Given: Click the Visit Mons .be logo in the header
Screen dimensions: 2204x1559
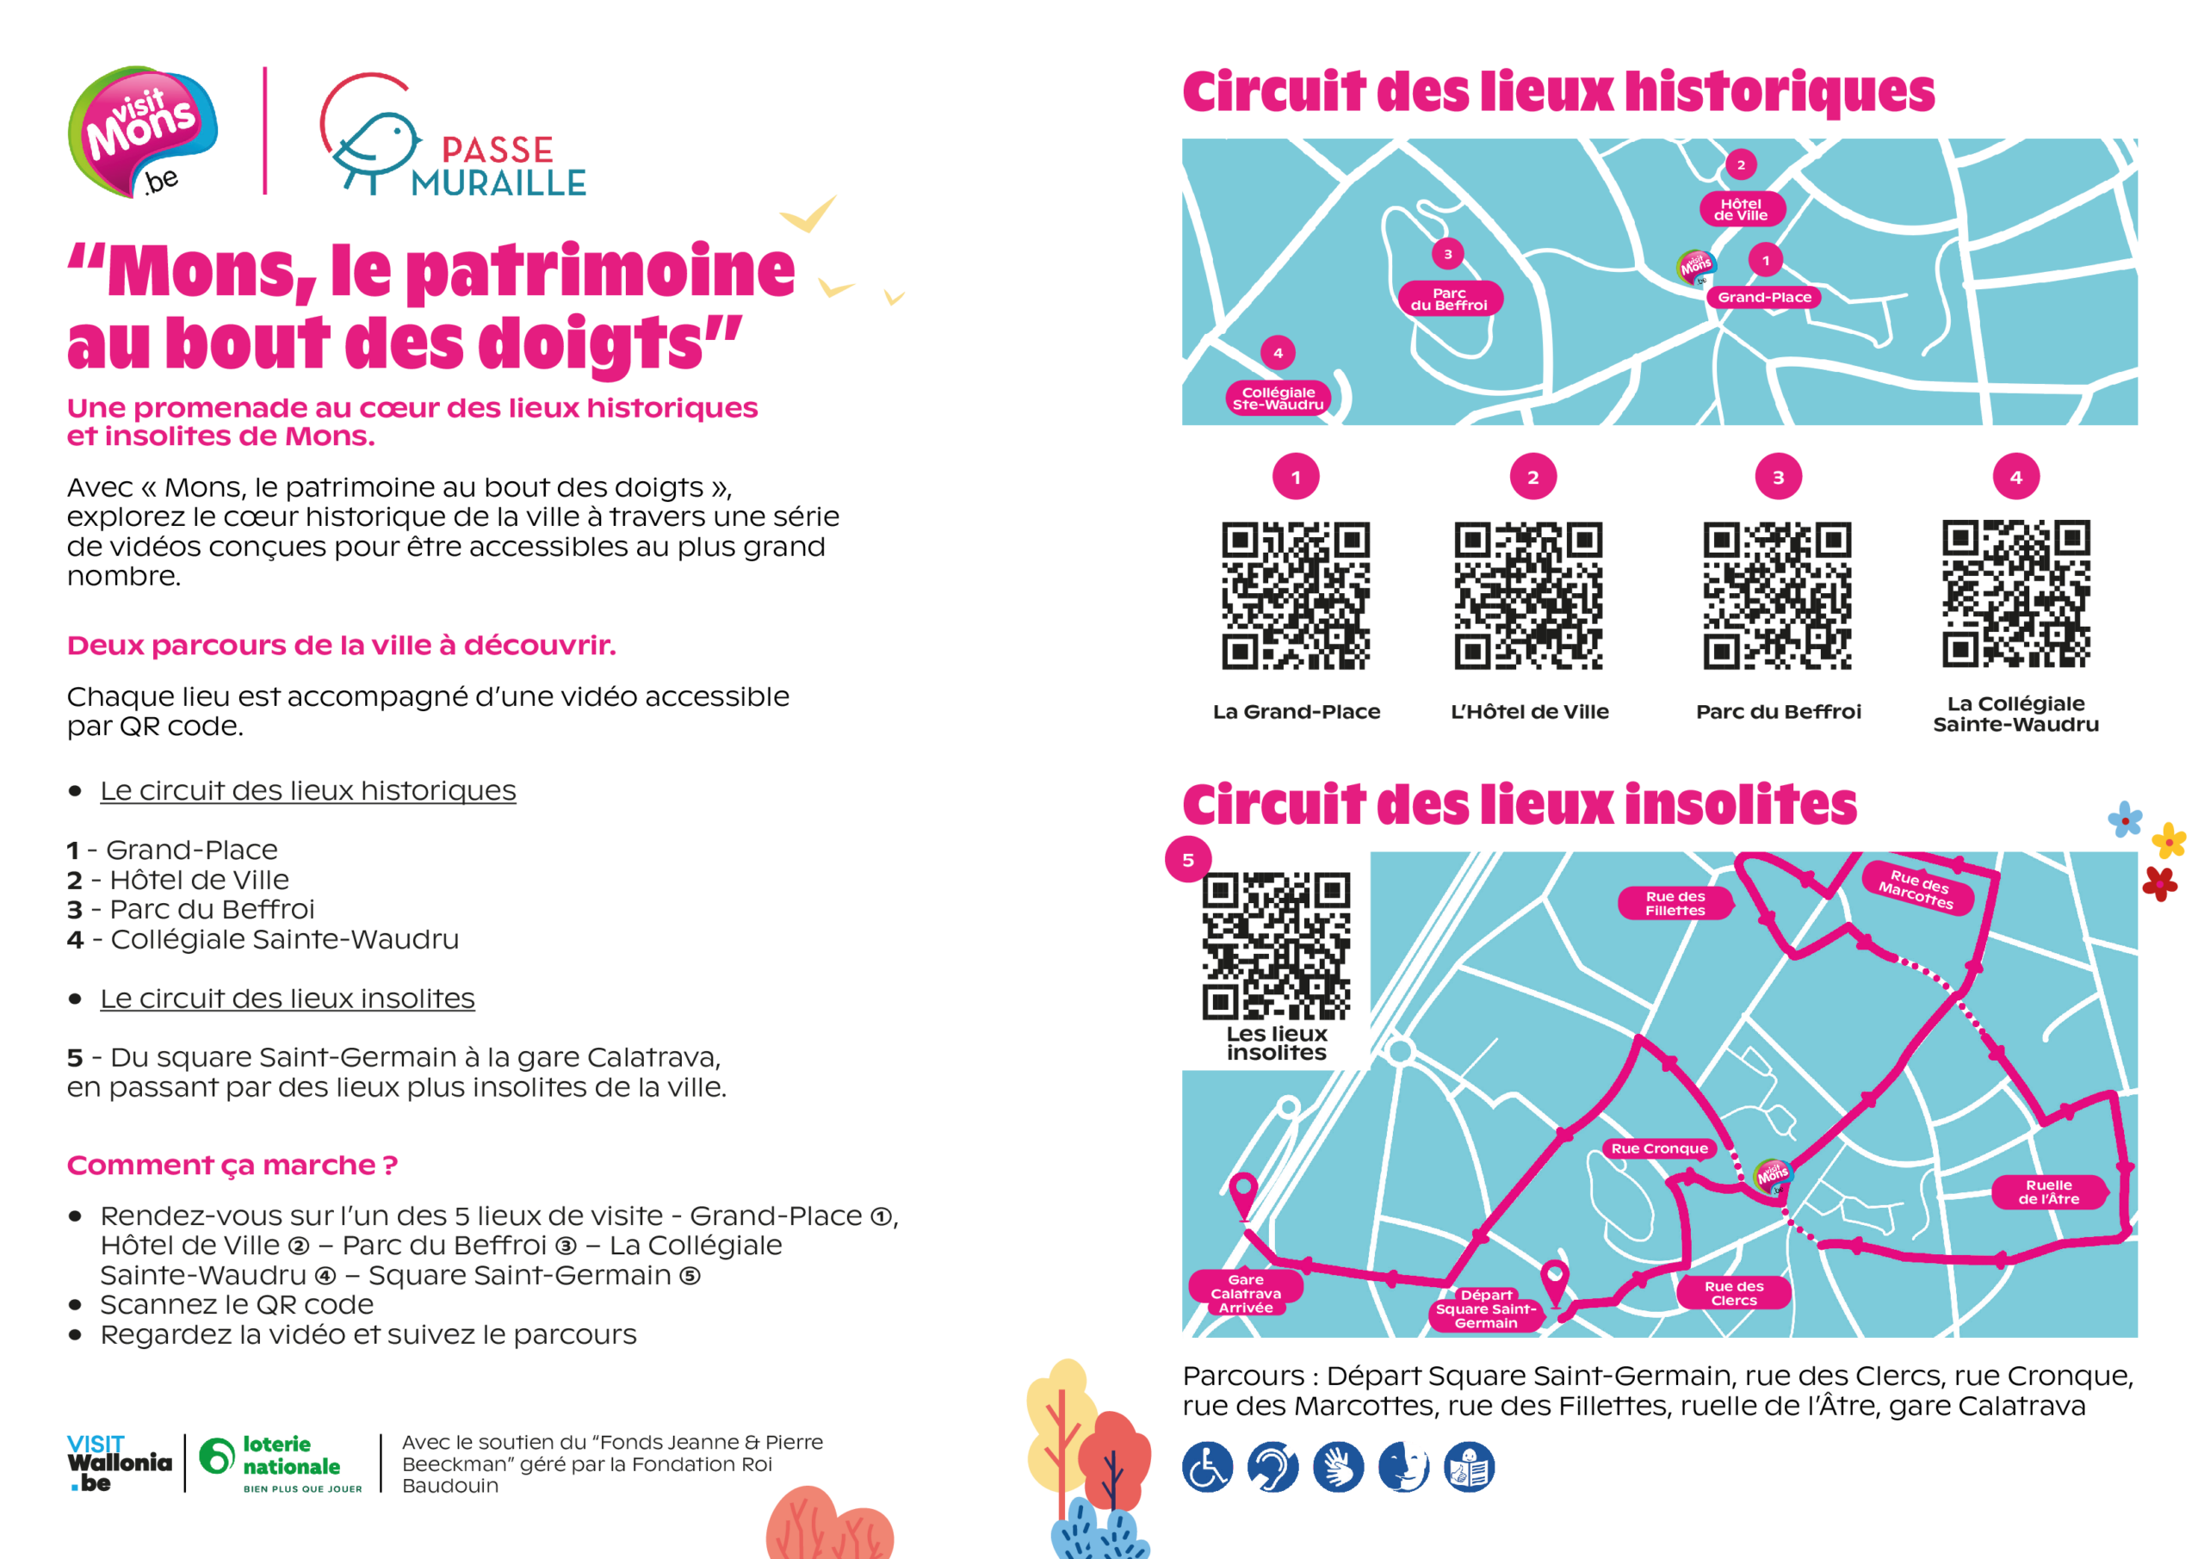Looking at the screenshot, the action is [x=142, y=133].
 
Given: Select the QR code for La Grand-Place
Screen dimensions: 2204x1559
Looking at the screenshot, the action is [x=1296, y=595].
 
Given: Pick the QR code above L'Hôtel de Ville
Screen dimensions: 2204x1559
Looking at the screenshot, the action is [x=1528, y=595].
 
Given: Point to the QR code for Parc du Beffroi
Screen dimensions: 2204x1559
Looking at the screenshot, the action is [x=1778, y=595].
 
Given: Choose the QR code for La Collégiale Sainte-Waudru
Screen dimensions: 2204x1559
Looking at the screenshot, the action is [x=2015, y=593].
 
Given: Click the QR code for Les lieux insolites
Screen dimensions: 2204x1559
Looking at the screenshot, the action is [x=1277, y=945].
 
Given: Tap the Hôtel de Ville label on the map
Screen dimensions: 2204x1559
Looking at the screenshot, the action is [x=1742, y=209].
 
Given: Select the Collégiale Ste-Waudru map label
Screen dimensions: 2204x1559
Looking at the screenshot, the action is [x=1278, y=399].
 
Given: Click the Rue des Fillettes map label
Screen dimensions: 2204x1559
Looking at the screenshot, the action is [x=1675, y=903].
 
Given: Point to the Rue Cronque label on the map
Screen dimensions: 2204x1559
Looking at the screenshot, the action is [x=1660, y=1148].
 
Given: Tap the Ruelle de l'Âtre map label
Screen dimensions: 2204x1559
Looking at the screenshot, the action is [x=2048, y=1192].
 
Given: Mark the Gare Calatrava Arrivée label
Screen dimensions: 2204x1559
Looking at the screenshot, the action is [x=1246, y=1293].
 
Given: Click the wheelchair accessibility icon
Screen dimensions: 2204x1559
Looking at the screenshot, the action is [x=1208, y=1467].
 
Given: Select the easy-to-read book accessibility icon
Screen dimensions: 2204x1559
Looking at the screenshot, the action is [x=1470, y=1467].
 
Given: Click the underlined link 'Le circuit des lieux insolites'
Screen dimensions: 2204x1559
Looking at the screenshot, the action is [x=287, y=999].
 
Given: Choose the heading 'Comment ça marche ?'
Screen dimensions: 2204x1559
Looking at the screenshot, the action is [x=232, y=1166].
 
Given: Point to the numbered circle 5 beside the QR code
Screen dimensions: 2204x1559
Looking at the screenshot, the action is [x=1188, y=859].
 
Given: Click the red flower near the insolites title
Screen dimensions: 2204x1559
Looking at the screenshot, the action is [x=2160, y=883].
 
